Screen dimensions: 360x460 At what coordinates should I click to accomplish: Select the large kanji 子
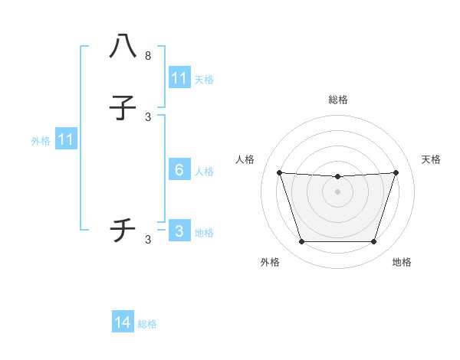tap(123, 110)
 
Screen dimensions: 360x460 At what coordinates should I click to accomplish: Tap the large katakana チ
tap(123, 230)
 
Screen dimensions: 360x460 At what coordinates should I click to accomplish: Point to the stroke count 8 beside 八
tap(148, 56)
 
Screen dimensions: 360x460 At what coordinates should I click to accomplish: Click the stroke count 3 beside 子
tap(148, 117)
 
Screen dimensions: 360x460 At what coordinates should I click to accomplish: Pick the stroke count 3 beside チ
tap(148, 240)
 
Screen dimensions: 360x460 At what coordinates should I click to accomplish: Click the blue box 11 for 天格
tap(179, 78)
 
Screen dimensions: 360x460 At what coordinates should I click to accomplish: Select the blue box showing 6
tap(179, 170)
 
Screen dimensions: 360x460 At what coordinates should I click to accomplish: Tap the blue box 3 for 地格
tap(179, 231)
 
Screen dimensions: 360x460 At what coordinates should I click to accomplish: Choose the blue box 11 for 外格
tap(65, 139)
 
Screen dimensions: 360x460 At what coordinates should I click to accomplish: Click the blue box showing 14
tap(123, 323)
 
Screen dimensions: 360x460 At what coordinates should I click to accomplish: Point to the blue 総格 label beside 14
tap(147, 324)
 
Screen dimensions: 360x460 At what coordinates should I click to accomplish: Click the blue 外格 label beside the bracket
tap(41, 140)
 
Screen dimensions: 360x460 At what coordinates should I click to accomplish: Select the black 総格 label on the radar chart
tap(338, 100)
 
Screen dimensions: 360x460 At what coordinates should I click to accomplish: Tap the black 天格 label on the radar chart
tap(431, 159)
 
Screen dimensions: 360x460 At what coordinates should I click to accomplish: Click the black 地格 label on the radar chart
tap(402, 262)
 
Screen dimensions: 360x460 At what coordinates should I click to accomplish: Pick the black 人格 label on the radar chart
tap(245, 159)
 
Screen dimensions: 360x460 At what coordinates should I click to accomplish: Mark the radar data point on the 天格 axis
tap(396, 172)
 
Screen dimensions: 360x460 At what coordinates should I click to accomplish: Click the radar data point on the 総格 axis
tap(338, 177)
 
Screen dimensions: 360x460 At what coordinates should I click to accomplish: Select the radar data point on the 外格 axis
tap(301, 242)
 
